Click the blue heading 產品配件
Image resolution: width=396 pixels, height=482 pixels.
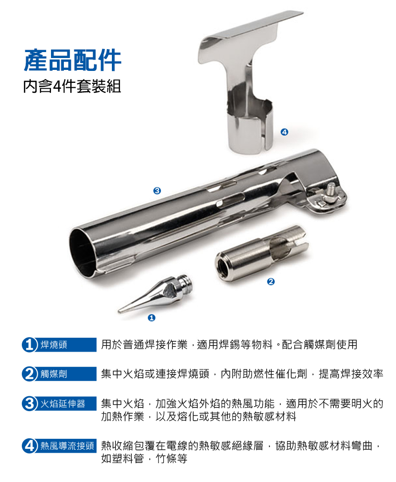73,60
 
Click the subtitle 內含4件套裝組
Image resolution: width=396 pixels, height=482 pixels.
72,86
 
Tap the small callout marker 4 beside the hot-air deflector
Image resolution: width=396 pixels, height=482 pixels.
284,132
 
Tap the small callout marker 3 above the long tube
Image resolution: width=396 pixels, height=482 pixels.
157,190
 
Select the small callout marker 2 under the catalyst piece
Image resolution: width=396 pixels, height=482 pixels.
271,281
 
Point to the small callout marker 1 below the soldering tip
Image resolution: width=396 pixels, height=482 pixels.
151,317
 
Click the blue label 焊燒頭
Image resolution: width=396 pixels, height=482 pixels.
54,345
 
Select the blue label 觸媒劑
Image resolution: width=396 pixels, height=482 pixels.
54,374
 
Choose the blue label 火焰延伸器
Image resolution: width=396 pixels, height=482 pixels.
63,403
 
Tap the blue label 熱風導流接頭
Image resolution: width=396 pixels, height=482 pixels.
67,446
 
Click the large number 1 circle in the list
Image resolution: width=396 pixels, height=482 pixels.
29,345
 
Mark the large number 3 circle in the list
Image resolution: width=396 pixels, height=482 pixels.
29,403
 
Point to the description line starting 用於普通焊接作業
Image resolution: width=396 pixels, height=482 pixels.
230,345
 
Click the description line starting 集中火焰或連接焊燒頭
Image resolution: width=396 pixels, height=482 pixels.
242,374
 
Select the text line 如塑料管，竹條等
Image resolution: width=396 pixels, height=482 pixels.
144,458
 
